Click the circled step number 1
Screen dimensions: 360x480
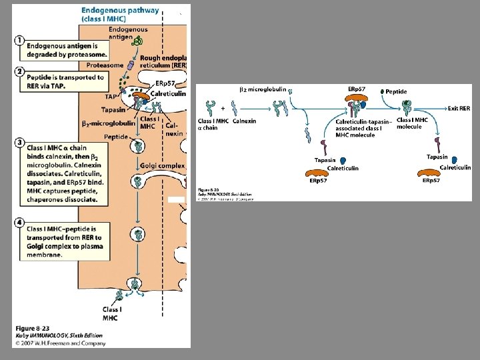pyautogui.click(x=20, y=40)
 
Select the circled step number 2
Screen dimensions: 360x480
pyautogui.click(x=20, y=71)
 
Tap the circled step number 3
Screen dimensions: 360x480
pyautogui.click(x=20, y=143)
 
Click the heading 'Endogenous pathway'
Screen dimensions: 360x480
pyautogui.click(x=120, y=10)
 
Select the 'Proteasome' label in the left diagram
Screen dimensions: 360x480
pyautogui.click(x=105, y=65)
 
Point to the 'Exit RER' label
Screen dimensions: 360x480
pyautogui.click(x=459, y=108)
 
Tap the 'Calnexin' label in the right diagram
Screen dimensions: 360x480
pyautogui.click(x=244, y=121)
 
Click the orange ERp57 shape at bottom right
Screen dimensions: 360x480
pyautogui.click(x=436, y=173)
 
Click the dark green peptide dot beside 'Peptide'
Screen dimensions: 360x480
pyautogui.click(x=382, y=91)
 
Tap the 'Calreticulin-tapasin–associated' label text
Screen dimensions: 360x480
pyautogui.click(x=363, y=121)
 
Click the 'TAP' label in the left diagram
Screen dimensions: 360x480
pyautogui.click(x=111, y=96)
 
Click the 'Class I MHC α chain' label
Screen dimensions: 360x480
pyautogui.click(x=213, y=124)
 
